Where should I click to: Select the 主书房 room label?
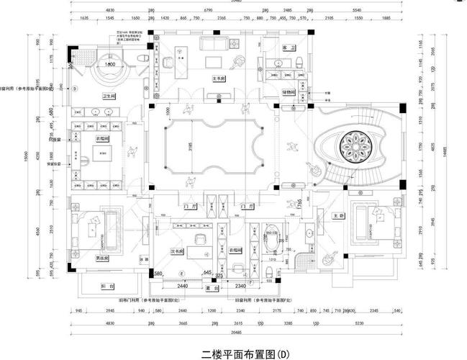tap(218, 78)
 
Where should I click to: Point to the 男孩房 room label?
tap(101, 257)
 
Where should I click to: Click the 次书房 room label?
tap(177, 251)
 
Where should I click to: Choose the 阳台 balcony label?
tap(106, 286)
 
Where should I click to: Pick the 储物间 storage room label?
tap(289, 92)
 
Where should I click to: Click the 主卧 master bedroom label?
tap(337, 215)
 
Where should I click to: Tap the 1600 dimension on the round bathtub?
tap(110, 64)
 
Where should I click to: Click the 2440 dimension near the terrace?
tap(183, 286)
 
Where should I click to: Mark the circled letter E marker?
tap(181, 274)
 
